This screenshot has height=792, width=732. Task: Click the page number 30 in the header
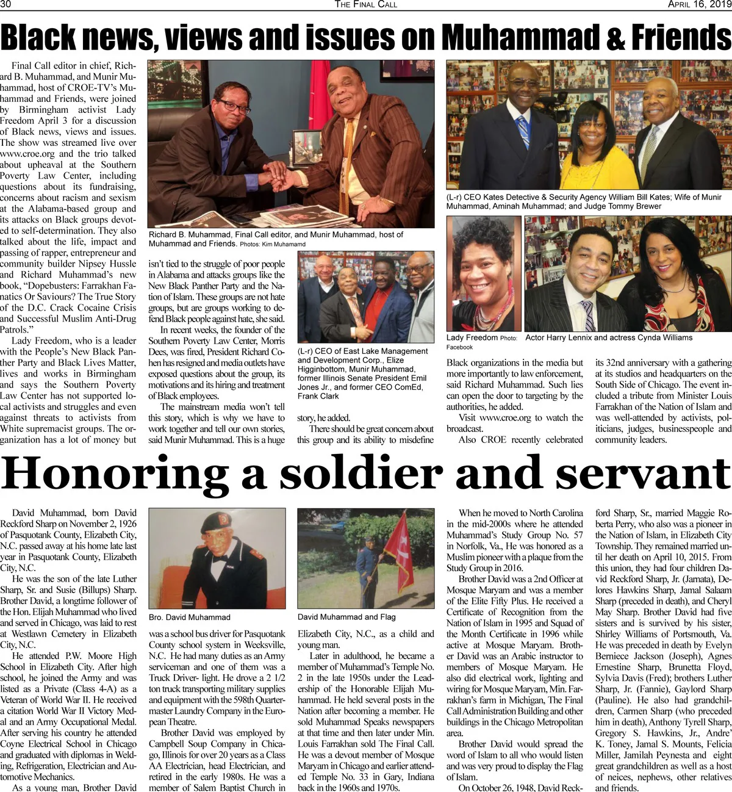[x=5, y=5]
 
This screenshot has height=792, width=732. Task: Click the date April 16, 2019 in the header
[x=699, y=5]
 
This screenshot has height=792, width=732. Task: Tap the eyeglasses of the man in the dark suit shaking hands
[x=233, y=106]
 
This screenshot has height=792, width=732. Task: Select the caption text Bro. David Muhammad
[x=190, y=617]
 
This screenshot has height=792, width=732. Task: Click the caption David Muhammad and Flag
[x=346, y=617]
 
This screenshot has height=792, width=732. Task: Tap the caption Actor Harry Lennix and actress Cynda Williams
[x=609, y=337]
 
